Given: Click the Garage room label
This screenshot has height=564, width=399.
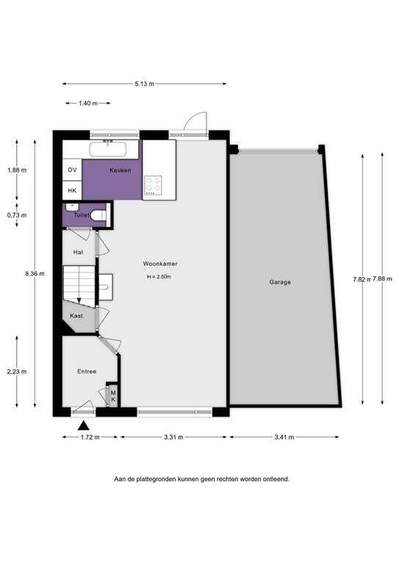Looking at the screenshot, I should tap(279, 282).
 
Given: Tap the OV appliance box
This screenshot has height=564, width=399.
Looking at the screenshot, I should tap(72, 170).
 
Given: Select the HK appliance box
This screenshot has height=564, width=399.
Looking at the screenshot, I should tap(72, 190).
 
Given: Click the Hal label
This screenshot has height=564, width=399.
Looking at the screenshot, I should tap(78, 252).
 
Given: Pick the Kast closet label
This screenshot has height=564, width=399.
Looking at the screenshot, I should tap(76, 316).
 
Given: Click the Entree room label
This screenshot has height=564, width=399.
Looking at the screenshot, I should tap(87, 372).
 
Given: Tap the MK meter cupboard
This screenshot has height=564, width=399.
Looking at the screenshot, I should tap(112, 395).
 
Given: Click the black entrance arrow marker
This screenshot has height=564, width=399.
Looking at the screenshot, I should tap(85, 424).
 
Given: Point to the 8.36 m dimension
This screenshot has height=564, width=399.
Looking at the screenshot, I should tap(34, 274).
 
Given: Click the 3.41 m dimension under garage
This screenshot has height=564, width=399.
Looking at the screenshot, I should tap(284, 437).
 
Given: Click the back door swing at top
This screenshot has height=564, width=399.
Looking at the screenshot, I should tap(195, 122).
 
